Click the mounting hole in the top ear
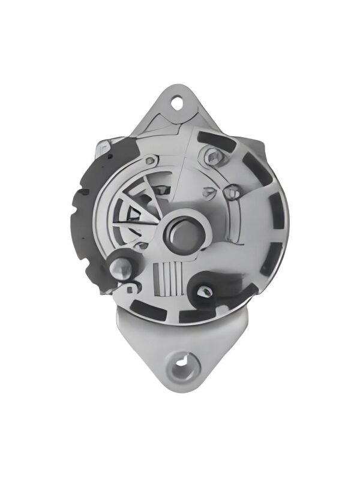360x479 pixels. (x=178, y=103)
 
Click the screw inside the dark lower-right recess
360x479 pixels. (x=205, y=291)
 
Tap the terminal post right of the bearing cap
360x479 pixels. (x=233, y=191)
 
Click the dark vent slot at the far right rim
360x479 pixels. (x=275, y=216)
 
